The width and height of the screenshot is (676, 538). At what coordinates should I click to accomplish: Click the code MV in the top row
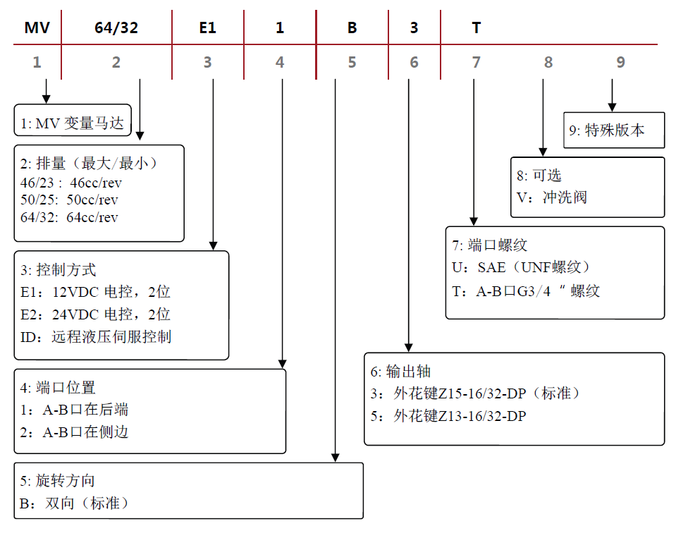[x=36, y=28]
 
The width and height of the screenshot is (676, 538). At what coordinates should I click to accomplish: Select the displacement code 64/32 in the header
[x=116, y=28]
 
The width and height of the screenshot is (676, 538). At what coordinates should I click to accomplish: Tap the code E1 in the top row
[x=207, y=28]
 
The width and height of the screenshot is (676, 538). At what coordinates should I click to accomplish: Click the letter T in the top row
[x=477, y=28]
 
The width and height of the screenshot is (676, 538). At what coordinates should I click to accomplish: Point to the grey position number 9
[x=620, y=63]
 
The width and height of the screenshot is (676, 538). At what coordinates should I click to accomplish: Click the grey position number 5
[x=352, y=63]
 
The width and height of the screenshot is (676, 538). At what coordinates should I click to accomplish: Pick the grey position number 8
[x=548, y=63]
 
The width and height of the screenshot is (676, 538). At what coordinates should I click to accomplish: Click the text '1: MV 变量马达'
[x=72, y=124]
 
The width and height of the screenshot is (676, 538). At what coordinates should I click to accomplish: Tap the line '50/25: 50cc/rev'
[x=69, y=200]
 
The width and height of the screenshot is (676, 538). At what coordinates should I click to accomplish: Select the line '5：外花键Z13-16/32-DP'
[x=448, y=416]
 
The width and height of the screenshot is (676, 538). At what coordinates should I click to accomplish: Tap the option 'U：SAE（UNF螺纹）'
[x=521, y=267]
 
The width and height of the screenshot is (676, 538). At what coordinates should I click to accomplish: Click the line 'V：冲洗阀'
[x=551, y=197]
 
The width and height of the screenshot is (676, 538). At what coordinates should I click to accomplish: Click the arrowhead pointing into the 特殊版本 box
[x=612, y=106]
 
